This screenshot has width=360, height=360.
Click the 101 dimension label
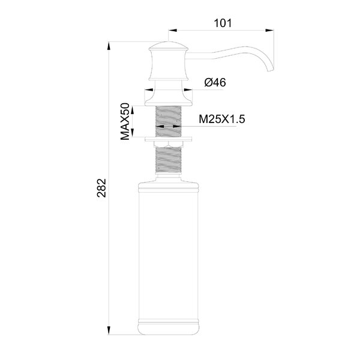coord(223,23)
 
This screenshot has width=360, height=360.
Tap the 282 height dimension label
coord(101,188)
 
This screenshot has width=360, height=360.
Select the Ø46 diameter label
coord(215,82)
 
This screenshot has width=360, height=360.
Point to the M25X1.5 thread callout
coord(222,119)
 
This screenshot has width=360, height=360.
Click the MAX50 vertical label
coord(125,122)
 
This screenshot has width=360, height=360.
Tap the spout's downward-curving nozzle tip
coord(271,70)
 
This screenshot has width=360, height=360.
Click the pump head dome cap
coord(168,46)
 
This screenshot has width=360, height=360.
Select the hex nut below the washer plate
coord(168,144)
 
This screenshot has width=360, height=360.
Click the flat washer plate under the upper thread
coord(168,139)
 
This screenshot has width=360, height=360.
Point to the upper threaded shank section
coord(168,121)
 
